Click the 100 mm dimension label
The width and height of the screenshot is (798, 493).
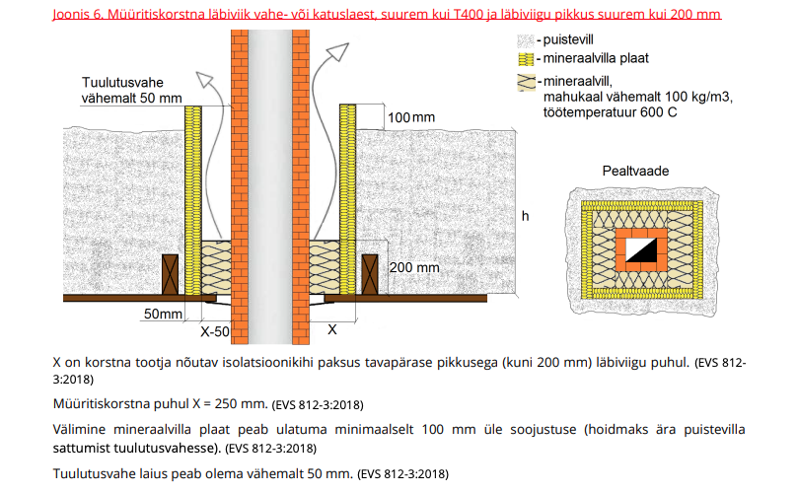click(411, 117)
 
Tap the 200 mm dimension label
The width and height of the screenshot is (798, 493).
click(414, 267)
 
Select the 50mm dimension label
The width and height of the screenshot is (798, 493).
click(163, 314)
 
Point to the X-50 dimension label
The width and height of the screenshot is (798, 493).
click(215, 331)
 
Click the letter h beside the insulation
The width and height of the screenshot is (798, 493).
click(525, 216)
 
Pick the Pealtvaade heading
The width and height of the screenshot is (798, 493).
click(635, 171)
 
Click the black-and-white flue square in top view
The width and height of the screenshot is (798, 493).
click(641, 249)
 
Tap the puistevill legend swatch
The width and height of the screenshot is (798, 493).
click(526, 40)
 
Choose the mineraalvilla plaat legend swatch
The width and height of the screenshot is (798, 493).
click(526, 59)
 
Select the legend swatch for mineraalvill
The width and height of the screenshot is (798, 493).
click(526, 83)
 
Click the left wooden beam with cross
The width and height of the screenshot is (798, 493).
click(170, 274)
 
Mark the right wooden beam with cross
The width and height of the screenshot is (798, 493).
click(370, 274)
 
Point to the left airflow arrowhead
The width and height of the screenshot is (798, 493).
click(205, 81)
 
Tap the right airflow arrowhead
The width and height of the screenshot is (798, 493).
click(338, 52)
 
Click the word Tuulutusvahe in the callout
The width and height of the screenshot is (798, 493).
click(122, 83)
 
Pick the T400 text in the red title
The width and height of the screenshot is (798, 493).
click(469, 14)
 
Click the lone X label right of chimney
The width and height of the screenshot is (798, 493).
click(331, 329)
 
